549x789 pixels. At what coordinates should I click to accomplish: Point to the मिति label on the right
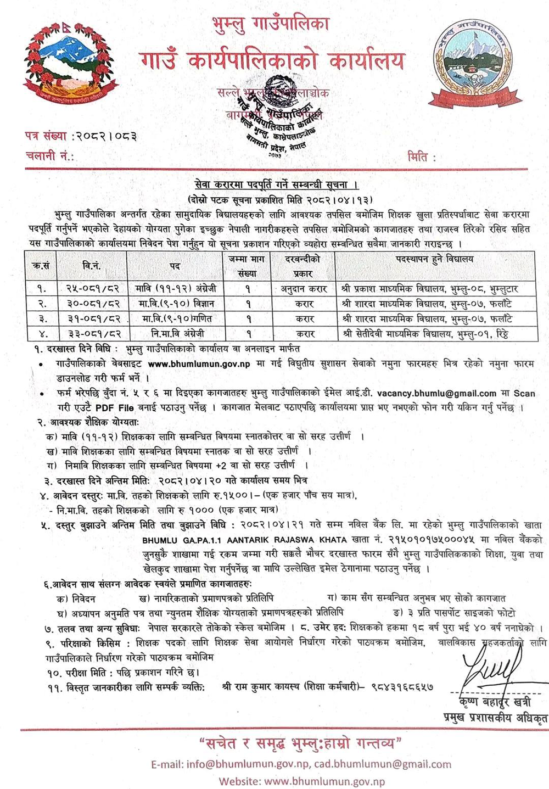[x=421, y=158]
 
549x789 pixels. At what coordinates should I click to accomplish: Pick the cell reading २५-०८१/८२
[x=94, y=288]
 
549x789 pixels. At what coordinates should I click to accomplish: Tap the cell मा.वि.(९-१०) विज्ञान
[x=175, y=303]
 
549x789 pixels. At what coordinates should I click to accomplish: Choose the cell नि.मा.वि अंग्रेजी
[x=175, y=333]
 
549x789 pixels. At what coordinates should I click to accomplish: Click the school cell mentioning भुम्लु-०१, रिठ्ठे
[x=434, y=333]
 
